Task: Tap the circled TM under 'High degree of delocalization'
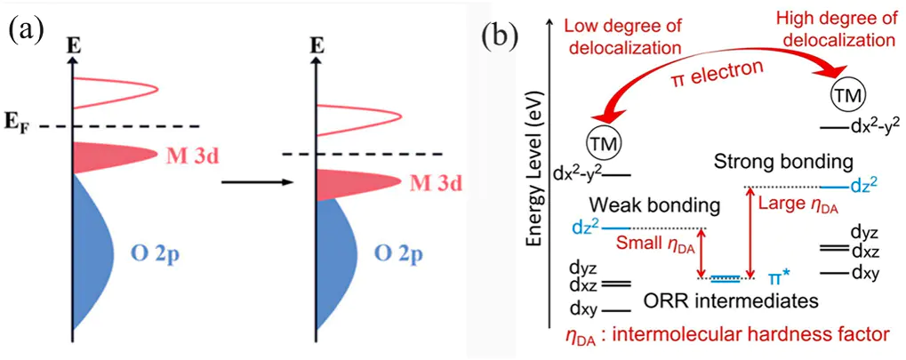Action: (845, 93)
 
